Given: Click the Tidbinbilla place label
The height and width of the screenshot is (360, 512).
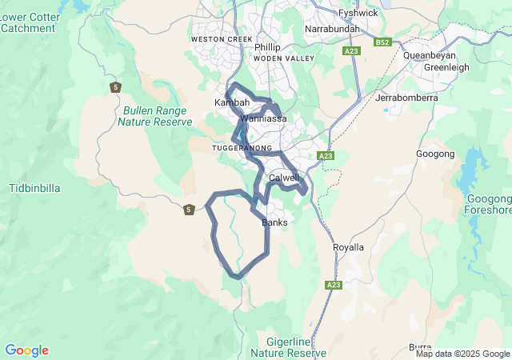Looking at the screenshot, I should coord(34,188).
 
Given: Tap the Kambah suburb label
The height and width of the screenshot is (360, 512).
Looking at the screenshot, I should coord(232,103).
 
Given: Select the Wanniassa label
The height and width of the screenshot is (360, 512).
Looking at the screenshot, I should coord(263,118).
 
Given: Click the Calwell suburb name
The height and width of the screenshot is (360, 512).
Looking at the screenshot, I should coord(284,178).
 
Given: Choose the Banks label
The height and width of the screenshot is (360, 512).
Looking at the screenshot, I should coord(274,222).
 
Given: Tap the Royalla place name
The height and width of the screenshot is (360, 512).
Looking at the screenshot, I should coord(348,247).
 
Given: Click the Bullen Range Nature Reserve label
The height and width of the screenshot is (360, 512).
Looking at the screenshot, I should coord(154,116).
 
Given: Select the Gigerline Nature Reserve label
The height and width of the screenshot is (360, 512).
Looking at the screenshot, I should coord(287,346).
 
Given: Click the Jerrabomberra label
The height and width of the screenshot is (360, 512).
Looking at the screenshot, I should coord(406,98).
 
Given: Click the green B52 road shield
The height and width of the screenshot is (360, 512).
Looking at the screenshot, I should coord(382,42).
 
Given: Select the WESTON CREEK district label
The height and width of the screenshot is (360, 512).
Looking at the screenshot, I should coord(222,39).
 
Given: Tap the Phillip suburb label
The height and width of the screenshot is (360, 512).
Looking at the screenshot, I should coord(267,47).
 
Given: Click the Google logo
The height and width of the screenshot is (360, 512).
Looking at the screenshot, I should coord(26,350).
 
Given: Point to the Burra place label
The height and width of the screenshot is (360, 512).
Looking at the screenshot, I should coord(421,346).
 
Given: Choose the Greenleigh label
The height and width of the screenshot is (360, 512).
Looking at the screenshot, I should coord(446,67).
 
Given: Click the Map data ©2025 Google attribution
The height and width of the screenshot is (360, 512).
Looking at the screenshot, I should coord(462,354).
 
